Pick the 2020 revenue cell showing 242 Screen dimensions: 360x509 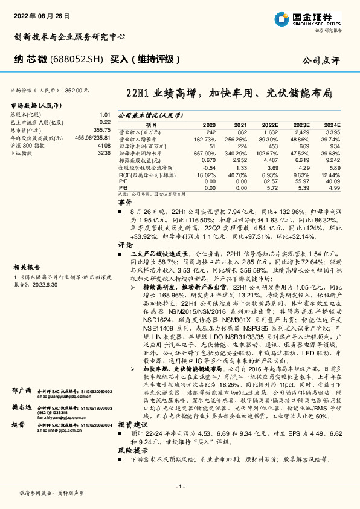[x=210, y=131]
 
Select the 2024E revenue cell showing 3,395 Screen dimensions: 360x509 [x=332, y=131]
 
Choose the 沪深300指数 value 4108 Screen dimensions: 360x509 [x=103, y=146]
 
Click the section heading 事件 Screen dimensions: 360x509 [x=124, y=203]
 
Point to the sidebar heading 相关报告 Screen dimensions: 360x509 [x=27, y=249]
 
